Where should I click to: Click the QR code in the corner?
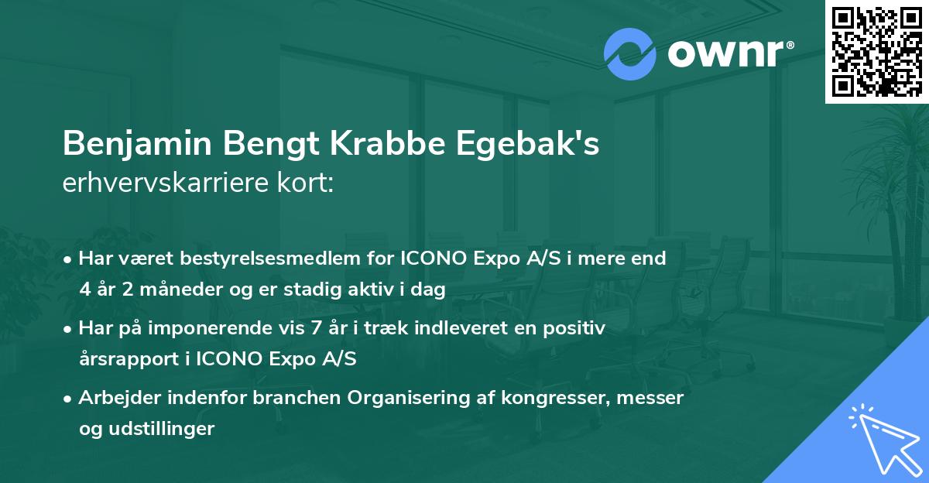(x=877, y=51)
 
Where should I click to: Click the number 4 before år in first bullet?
(x=84, y=289)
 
